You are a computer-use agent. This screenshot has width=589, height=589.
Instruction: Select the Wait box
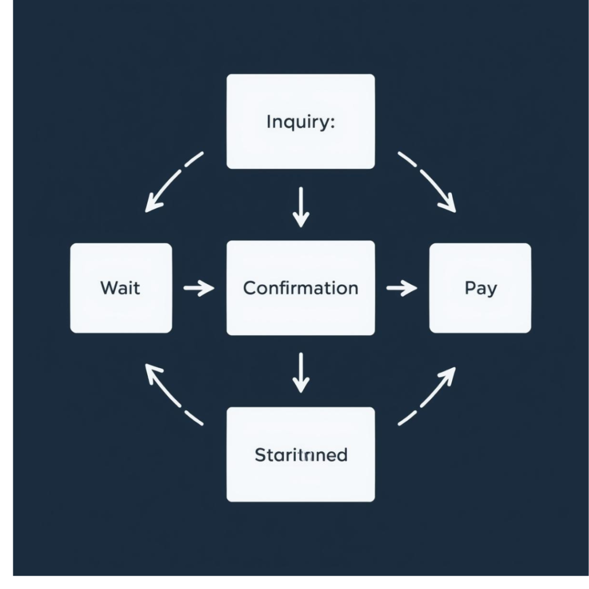(121, 288)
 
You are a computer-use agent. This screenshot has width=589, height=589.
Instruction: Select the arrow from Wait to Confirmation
(198, 288)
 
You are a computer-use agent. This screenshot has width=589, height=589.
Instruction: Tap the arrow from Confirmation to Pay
(401, 288)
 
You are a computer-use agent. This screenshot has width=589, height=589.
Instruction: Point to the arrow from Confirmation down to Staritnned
(300, 372)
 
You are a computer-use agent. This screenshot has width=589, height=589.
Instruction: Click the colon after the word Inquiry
(331, 123)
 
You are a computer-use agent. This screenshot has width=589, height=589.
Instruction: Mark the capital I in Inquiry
(269, 122)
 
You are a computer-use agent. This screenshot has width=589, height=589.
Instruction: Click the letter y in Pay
(491, 290)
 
